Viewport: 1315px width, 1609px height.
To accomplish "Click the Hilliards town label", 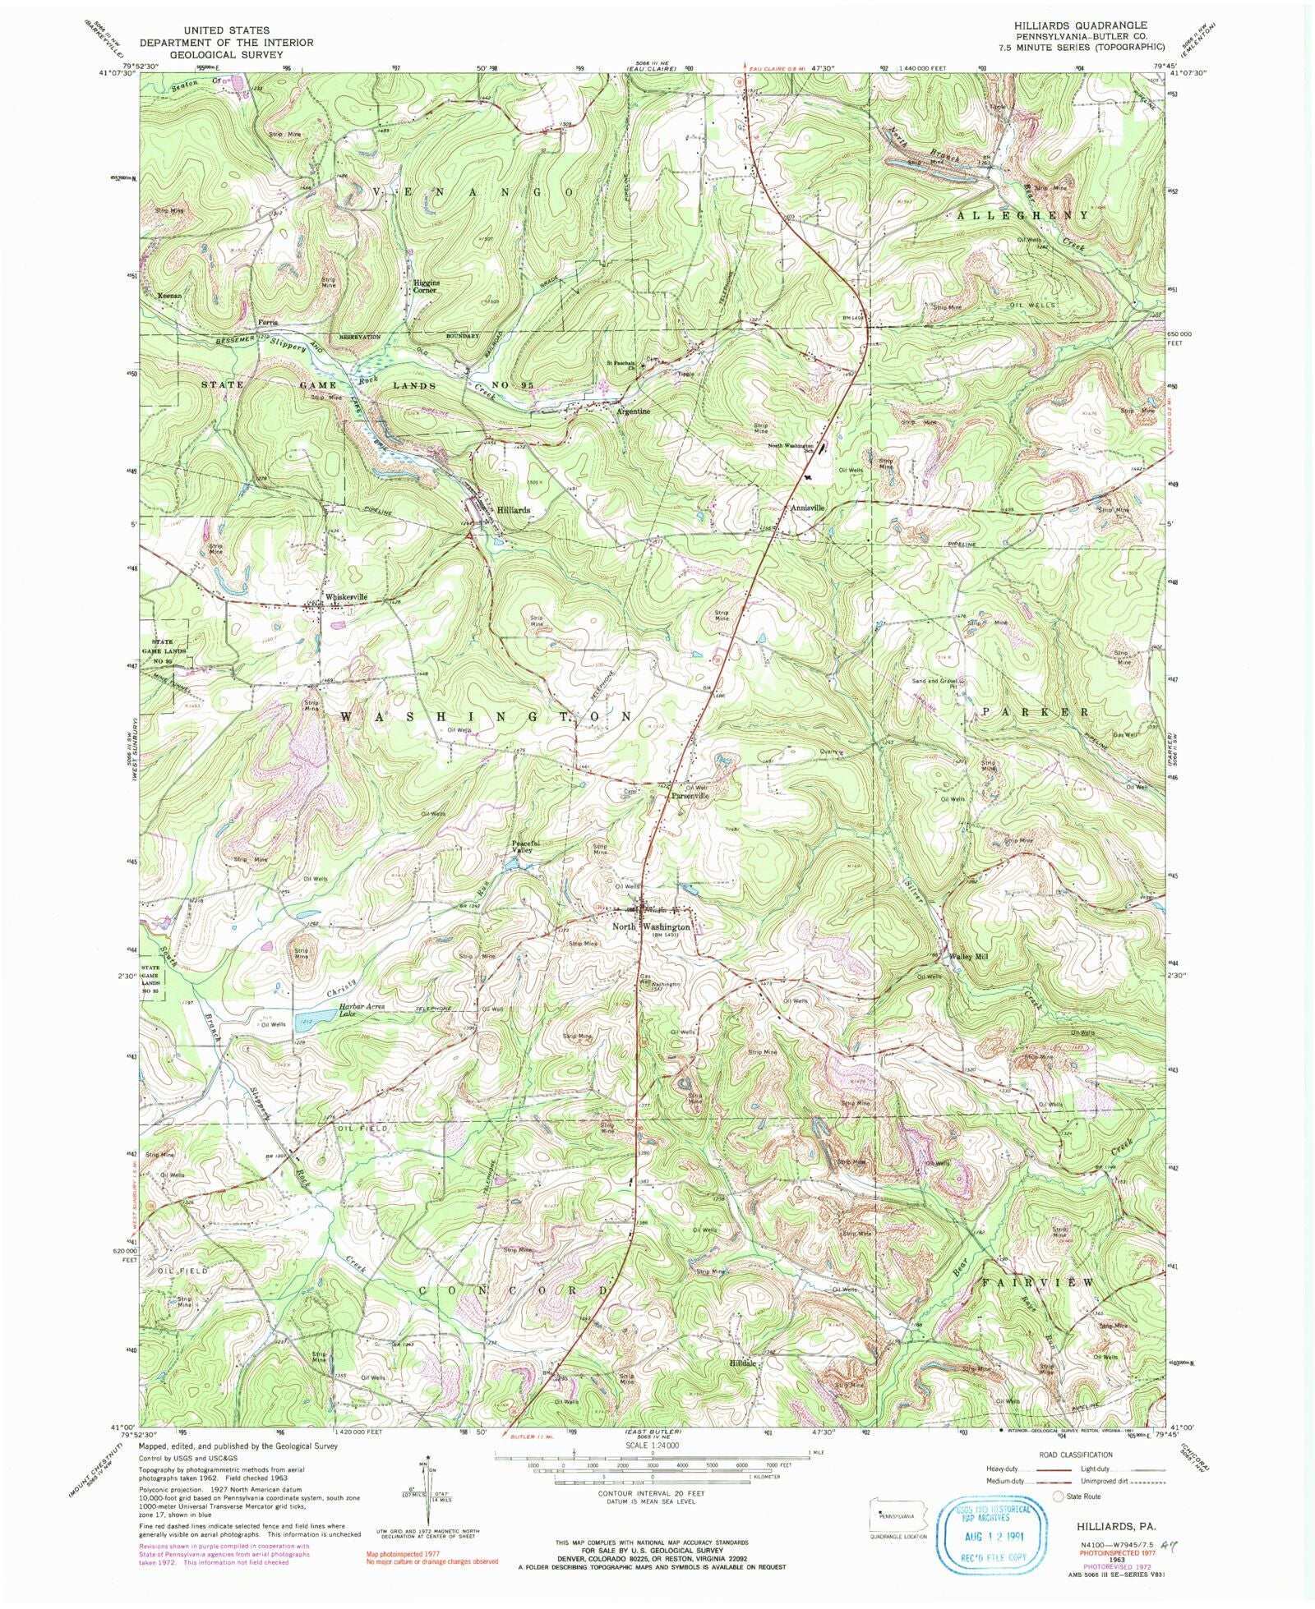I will pyautogui.click(x=513, y=510).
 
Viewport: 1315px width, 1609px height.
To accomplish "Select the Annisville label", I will pyautogui.click(x=807, y=508).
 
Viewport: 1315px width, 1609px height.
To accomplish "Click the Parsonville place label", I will pyautogui.click(x=690, y=796).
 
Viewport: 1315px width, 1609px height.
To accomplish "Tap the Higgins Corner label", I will pyautogui.click(x=426, y=286).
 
